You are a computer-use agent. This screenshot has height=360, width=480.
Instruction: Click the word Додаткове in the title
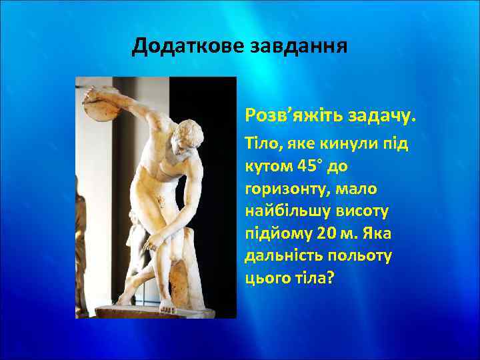pos(187,47)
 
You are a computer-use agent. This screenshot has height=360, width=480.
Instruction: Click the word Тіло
pos(261,146)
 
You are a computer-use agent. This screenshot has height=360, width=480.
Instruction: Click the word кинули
pos(333,146)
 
